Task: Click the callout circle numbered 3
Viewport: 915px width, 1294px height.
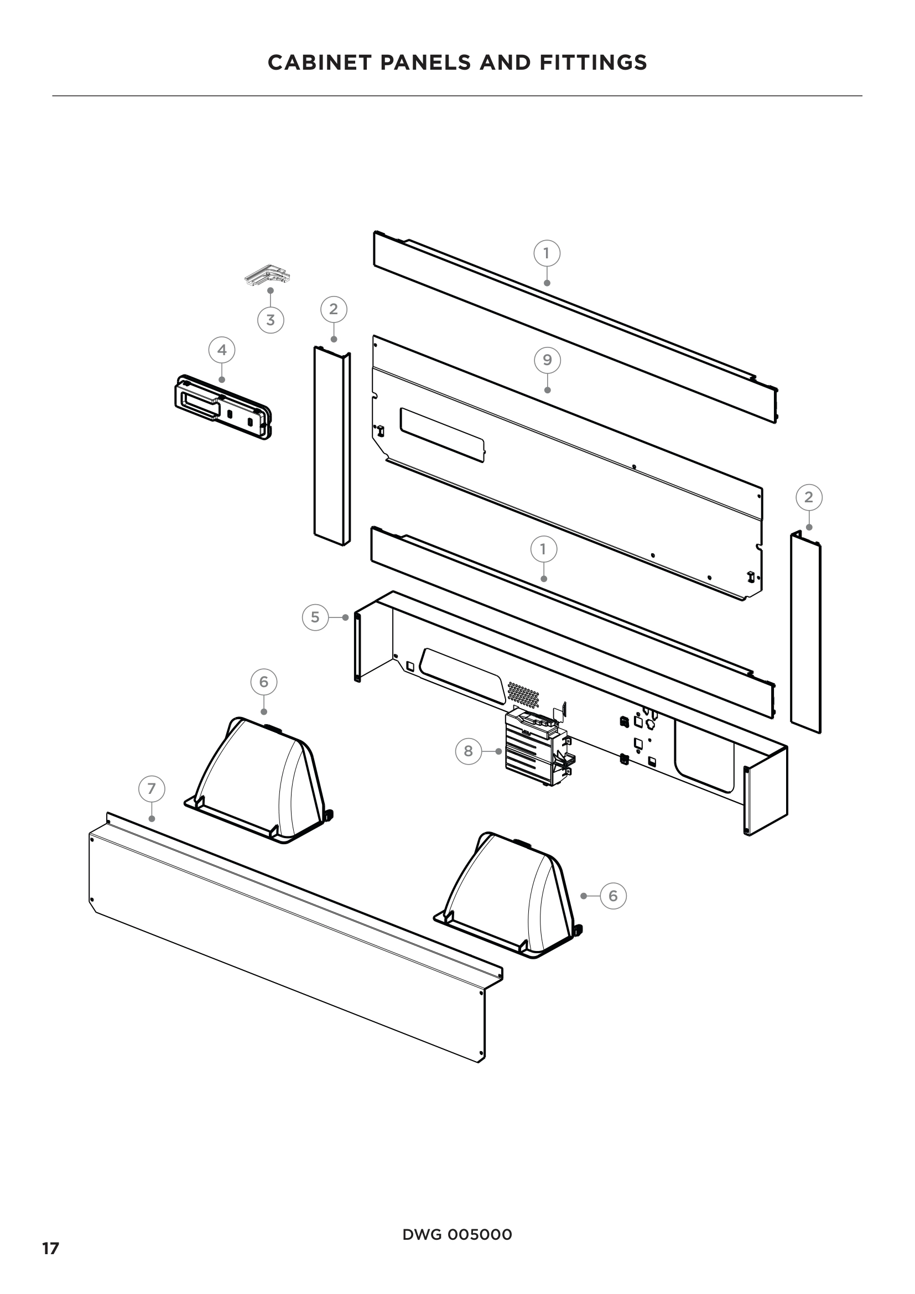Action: click(x=271, y=320)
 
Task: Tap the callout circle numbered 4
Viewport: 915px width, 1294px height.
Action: click(x=222, y=350)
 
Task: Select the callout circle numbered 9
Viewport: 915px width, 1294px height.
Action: click(x=547, y=360)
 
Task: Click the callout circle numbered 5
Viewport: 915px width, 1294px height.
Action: click(x=315, y=617)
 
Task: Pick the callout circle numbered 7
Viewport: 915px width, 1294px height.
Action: click(x=152, y=788)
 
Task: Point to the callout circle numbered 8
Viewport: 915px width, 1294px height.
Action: click(x=468, y=751)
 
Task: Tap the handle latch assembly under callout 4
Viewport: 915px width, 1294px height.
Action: click(x=222, y=407)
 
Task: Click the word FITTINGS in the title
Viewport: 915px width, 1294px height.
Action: click(x=593, y=63)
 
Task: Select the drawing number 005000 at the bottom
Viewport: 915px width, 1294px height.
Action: click(x=480, y=1218)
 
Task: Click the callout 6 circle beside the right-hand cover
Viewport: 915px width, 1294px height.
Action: click(x=613, y=895)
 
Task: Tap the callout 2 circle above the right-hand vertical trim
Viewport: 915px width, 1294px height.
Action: click(x=809, y=497)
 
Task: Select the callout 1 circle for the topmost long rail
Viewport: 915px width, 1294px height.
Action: click(x=547, y=253)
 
